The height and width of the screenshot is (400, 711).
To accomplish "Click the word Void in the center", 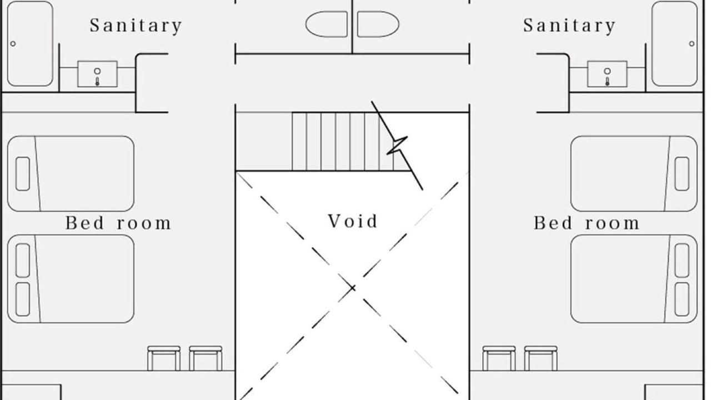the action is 353,221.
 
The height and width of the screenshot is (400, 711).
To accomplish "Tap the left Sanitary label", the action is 136,26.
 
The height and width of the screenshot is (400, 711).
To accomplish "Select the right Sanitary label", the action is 569,26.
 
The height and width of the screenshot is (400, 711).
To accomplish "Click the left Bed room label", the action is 118,223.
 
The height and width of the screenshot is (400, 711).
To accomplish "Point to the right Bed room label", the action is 587,223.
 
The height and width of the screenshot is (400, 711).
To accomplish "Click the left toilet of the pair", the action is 327,24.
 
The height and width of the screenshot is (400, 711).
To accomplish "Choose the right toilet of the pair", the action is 378,24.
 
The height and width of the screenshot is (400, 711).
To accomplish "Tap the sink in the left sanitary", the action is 97,74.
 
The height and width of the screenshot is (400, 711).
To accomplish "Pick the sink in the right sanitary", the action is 607,74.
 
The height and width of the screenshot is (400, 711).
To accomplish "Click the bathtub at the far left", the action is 30,43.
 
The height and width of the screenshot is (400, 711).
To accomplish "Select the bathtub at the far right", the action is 674,43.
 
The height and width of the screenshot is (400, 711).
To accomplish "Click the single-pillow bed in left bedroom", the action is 71,174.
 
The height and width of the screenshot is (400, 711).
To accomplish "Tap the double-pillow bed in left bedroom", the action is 71,279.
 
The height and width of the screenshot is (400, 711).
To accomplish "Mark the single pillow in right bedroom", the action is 682,174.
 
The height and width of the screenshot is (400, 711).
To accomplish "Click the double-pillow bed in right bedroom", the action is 634,279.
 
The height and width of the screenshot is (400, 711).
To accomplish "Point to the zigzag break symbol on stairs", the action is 397,146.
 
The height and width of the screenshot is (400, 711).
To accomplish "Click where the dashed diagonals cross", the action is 352,288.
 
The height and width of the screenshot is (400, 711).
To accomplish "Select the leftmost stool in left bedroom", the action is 164,358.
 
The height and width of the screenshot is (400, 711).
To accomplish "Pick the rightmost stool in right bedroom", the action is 540,358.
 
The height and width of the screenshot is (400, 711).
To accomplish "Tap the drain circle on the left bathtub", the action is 13,44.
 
